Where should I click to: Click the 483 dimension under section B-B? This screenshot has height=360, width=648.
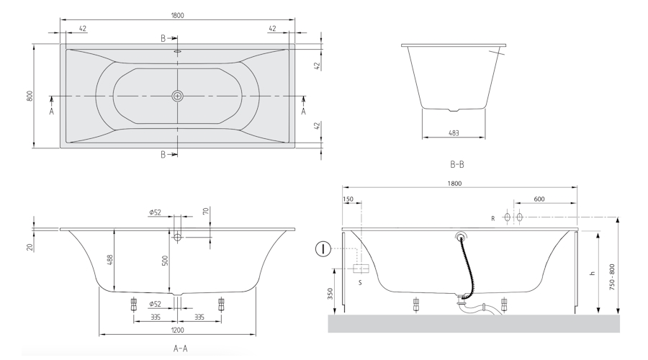[454, 133]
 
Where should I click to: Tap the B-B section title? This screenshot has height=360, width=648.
[456, 164]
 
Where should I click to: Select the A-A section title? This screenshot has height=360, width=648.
[180, 348]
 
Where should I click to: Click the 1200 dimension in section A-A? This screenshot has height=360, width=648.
[177, 330]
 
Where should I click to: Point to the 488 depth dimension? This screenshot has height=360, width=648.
[110, 260]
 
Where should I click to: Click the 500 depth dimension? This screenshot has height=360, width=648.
[165, 261]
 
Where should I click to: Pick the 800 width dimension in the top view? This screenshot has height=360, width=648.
[30, 96]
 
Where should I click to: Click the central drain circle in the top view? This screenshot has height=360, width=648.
[177, 96]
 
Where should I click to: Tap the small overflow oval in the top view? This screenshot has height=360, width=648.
[178, 52]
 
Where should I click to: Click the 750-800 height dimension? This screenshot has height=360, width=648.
[612, 276]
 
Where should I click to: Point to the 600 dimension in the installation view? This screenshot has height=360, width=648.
[539, 199]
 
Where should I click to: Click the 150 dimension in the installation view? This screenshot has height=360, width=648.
[348, 199]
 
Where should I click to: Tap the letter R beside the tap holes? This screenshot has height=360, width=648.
[492, 219]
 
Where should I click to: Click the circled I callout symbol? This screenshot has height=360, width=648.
[323, 249]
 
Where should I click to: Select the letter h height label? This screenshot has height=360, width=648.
[593, 273]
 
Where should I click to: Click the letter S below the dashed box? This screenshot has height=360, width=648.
[360, 283]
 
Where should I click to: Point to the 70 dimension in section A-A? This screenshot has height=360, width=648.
[206, 211]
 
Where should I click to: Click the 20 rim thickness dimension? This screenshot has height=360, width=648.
[30, 247]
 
